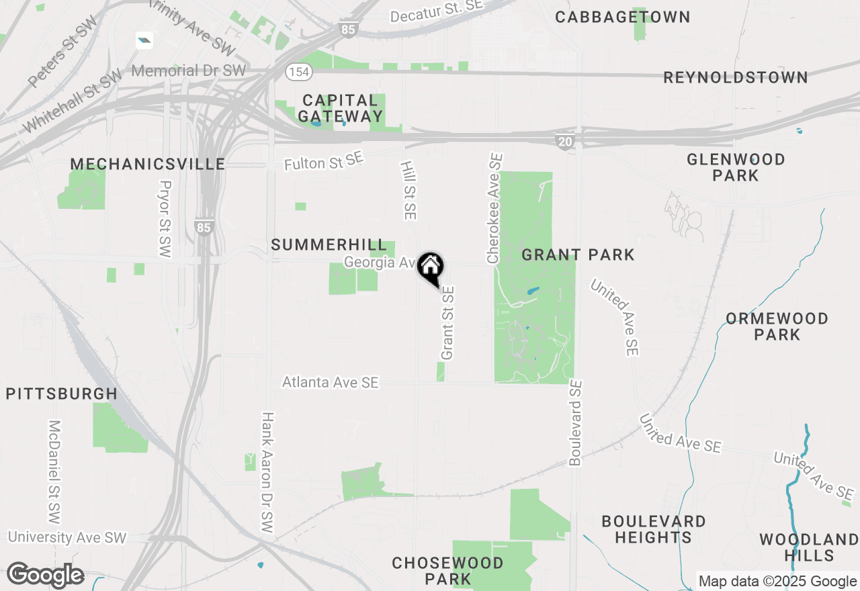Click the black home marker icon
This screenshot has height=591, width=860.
[431, 267]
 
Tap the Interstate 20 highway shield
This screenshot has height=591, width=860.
[564, 141]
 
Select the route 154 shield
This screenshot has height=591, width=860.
[296, 71]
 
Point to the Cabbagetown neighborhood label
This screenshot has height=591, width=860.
[623, 17]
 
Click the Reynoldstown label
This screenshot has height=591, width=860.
[736, 78]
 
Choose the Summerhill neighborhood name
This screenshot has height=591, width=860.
[329, 245]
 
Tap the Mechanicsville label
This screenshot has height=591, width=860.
[148, 165]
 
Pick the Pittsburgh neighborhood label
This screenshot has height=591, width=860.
[62, 394]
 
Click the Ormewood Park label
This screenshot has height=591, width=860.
[777, 326]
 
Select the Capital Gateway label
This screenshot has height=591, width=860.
[340, 108]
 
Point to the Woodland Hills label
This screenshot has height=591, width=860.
[809, 547]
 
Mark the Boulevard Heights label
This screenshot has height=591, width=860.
[653, 529]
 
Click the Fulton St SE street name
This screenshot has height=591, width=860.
[323, 162]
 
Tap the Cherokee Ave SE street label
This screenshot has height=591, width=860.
[495, 208]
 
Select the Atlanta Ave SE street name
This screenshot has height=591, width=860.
[330, 382]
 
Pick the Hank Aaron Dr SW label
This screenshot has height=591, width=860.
[267, 473]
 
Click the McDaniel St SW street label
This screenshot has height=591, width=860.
[54, 472]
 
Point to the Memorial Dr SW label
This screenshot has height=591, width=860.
[189, 71]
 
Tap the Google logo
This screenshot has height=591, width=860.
[45, 576]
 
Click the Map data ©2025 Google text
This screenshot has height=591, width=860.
[777, 582]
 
